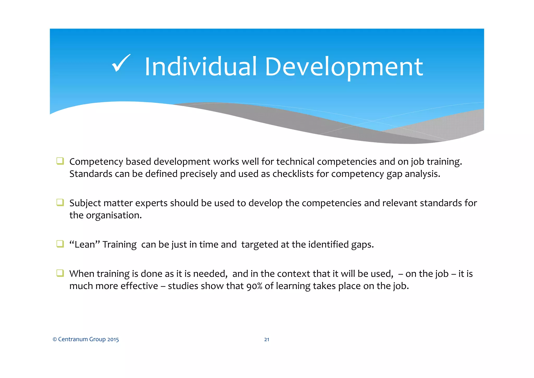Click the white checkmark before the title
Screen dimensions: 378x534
[121, 63]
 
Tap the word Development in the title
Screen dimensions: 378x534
[344, 68]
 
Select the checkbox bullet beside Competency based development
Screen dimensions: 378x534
[60, 161]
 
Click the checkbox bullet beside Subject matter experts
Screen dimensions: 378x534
[60, 202]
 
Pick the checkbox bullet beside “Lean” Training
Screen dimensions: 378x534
[60, 244]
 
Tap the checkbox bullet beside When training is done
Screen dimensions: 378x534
[60, 273]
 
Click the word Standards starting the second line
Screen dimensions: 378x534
[90, 174]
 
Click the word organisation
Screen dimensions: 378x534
[114, 215]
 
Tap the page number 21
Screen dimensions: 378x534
[266, 339]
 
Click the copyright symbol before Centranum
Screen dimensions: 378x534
[55, 339]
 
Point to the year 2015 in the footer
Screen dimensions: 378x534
[113, 339]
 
